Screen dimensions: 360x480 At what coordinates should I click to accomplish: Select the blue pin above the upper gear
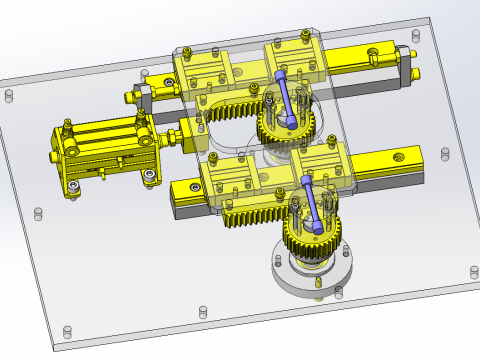pyautogui.click(x=288, y=95)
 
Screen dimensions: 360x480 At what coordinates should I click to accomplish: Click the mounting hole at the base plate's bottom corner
pyautogui.click(x=68, y=331)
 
